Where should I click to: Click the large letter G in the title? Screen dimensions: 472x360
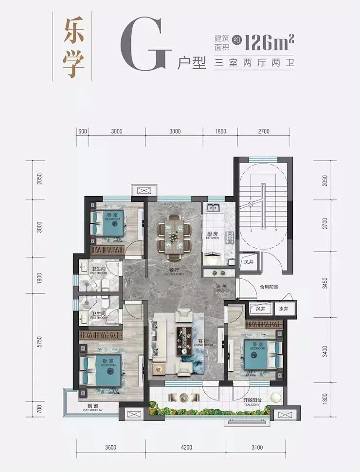click(x=145, y=46)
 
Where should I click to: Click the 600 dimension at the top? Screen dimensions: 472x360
click(x=82, y=131)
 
